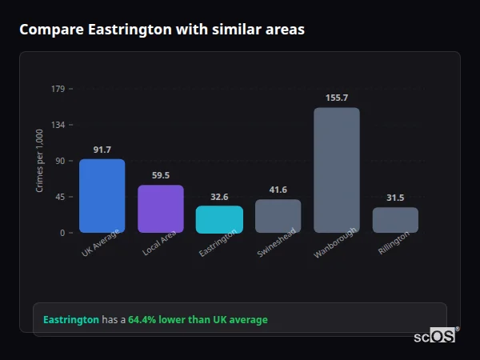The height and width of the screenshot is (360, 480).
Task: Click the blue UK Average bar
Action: point(102,196)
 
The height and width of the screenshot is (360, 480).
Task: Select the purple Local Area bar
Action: point(161,209)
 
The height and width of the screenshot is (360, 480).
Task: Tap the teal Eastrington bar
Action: point(219,219)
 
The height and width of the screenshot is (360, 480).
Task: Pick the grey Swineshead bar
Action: point(278,216)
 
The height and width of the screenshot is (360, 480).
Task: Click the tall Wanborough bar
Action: point(337,170)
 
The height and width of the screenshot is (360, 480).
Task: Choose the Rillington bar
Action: point(395,220)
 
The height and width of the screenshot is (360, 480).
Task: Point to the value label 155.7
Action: point(337,98)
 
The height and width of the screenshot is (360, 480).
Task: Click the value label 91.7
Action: point(102,150)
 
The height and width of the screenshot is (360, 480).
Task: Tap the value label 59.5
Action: point(161,175)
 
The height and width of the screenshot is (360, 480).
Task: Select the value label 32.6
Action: point(219,197)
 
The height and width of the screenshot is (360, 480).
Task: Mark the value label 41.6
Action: point(278,190)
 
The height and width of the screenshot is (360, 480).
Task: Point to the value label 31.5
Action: point(395,198)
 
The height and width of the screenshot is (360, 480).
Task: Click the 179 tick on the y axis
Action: point(58,89)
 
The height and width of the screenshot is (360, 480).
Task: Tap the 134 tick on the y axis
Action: point(58,125)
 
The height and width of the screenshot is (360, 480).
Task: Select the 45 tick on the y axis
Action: point(60,197)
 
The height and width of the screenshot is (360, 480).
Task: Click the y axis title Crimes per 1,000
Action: point(39,161)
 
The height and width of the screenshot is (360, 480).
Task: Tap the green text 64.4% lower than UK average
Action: point(198,320)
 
